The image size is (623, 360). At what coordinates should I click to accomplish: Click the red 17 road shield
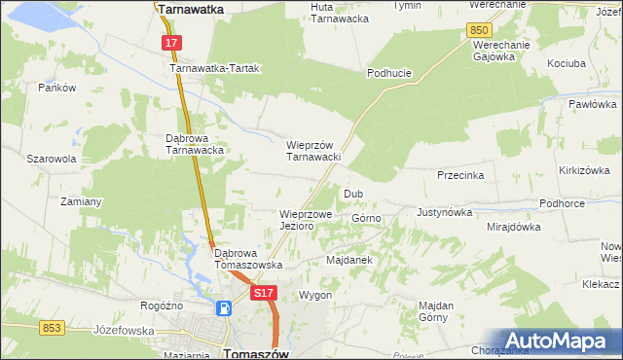click(x=170, y=44)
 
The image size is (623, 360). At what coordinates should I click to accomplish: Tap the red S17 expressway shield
click(x=263, y=292)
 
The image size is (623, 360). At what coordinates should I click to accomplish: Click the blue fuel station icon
click(x=225, y=309)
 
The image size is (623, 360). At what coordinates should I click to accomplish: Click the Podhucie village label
click(x=389, y=73)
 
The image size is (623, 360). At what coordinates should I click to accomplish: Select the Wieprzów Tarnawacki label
click(x=312, y=151)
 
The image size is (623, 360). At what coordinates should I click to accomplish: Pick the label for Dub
click(x=352, y=194)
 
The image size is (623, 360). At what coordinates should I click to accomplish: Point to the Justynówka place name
click(x=444, y=211)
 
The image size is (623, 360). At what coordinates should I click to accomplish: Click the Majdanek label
click(x=349, y=261)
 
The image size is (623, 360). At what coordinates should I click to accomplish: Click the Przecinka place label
click(x=461, y=176)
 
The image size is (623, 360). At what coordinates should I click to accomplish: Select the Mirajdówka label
click(x=513, y=227)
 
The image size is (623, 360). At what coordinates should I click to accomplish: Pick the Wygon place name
click(x=316, y=295)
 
